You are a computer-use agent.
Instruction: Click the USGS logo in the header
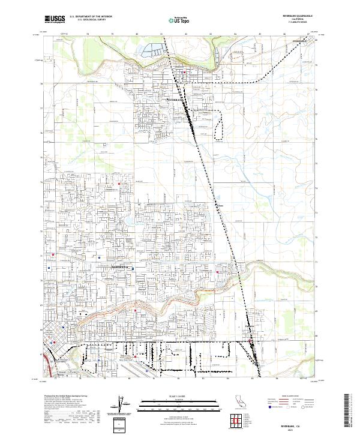click(55, 19)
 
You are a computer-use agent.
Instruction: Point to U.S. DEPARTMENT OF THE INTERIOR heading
click(91, 16)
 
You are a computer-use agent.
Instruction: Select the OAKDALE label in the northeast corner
click(300, 41)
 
